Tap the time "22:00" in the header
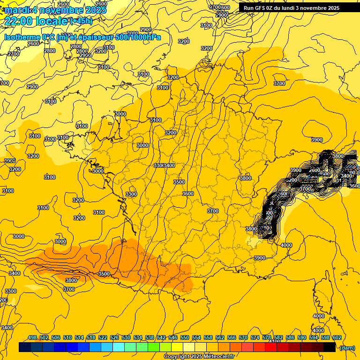18,21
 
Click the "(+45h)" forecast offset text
81,21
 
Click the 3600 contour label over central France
188,194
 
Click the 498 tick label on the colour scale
32,337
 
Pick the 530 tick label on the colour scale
126,337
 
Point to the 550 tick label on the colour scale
185,337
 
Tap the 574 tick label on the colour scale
255,337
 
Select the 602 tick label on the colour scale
337,337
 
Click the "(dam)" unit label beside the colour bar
347,348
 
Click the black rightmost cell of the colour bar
330,347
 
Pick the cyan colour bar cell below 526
119,347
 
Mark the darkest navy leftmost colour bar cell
25,347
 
